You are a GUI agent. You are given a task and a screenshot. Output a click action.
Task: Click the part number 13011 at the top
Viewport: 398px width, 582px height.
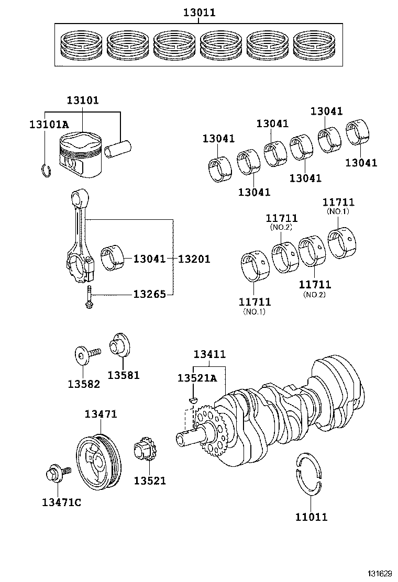199,12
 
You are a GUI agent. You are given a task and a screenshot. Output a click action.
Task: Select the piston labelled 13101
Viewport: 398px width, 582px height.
81,154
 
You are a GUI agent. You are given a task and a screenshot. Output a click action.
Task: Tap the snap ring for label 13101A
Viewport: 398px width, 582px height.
46,170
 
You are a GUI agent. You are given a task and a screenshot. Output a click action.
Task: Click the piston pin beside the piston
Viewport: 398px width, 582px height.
118,148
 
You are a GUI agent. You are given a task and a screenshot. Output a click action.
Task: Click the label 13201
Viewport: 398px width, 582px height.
194,259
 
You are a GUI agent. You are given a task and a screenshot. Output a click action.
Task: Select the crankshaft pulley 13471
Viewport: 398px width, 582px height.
98,460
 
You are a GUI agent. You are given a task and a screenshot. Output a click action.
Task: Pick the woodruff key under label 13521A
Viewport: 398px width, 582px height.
193,400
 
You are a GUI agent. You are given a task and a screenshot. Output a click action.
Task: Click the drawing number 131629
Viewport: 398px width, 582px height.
380,574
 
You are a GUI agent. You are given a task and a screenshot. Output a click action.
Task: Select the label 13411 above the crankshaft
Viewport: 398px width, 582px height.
209,354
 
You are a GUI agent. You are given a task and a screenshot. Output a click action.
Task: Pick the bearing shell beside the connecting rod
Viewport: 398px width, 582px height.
113,257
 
